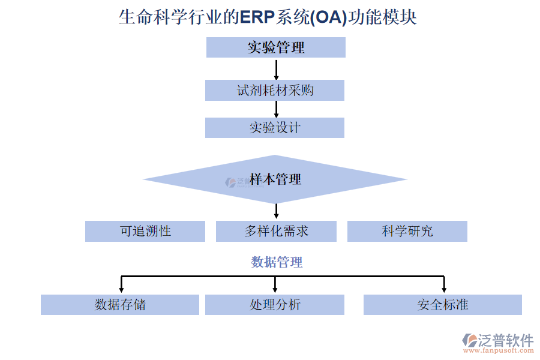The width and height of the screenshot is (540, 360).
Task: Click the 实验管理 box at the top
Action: click(276, 47)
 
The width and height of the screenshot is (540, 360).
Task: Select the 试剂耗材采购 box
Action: click(275, 91)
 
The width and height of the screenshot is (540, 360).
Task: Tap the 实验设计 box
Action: click(275, 128)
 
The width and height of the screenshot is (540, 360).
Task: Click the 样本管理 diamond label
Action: click(275, 179)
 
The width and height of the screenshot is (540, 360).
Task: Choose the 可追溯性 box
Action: click(145, 231)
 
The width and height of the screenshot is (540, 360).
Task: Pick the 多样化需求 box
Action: click(276, 231)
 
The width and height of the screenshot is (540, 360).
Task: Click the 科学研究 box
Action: click(407, 231)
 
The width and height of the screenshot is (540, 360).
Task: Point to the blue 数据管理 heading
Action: click(277, 262)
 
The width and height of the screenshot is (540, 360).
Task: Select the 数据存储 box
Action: click(120, 305)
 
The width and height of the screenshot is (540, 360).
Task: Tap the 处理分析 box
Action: click(275, 305)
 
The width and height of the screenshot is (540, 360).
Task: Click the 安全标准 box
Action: click(443, 305)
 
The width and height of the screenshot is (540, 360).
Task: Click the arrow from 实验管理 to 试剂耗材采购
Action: click(276, 69)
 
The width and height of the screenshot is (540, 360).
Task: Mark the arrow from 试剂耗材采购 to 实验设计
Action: click(276, 109)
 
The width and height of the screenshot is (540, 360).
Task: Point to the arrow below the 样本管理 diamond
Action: click(276, 211)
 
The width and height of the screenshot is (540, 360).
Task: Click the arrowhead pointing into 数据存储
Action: click(122, 290)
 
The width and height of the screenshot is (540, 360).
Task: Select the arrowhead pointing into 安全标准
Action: click(443, 290)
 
